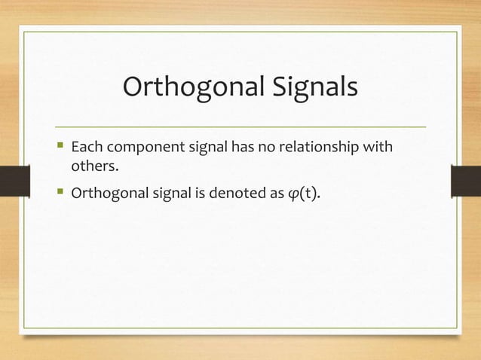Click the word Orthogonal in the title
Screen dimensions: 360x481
(177, 88)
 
